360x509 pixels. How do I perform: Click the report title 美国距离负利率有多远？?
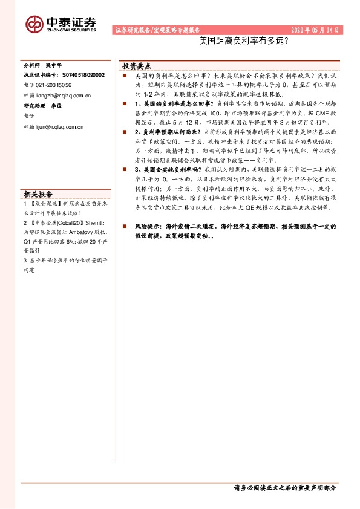click(x=243, y=42)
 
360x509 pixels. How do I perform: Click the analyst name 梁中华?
click(x=54, y=65)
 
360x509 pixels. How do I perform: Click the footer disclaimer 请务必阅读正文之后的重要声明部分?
click(x=284, y=487)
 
